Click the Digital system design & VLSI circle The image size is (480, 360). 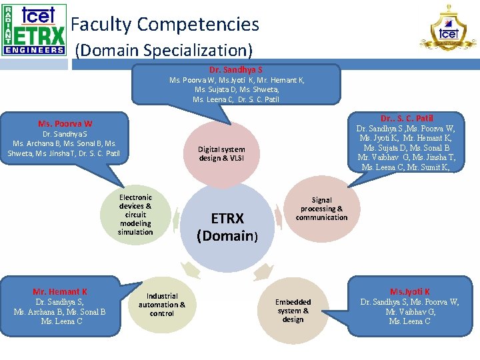(x=221, y=154)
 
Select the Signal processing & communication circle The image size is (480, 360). (x=321, y=209)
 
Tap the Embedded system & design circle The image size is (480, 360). (x=293, y=311)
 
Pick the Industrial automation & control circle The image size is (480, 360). (x=162, y=305)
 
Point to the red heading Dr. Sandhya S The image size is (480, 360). (x=236, y=69)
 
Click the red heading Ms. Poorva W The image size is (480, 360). (x=65, y=123)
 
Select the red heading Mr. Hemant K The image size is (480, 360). (x=60, y=291)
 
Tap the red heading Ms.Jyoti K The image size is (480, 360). (x=409, y=291)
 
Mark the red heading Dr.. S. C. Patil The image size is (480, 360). (x=407, y=118)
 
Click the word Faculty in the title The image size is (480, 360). (x=101, y=25)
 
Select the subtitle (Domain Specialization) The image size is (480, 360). (x=163, y=50)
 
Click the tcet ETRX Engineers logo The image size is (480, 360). (x=34, y=29)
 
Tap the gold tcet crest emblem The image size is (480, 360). (x=448, y=28)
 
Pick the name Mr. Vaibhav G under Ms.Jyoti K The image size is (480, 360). (x=410, y=311)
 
